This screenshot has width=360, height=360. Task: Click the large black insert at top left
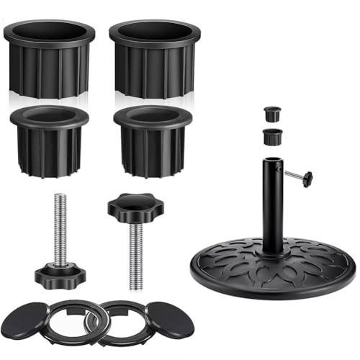coord(49,65)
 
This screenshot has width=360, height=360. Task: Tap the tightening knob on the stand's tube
coord(308,176)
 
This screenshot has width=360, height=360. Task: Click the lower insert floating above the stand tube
coord(271,135)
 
